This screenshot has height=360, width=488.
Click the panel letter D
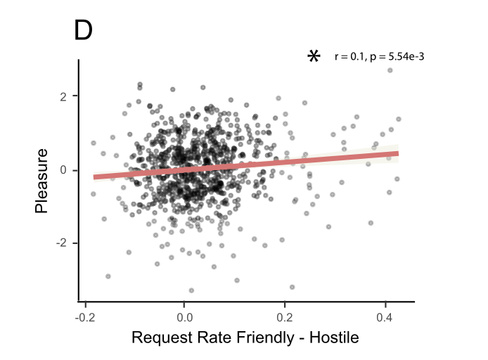pyautogui.click(x=83, y=31)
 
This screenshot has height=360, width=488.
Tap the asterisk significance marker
pyautogui.click(x=314, y=56)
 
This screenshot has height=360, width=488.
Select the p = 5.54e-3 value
pyautogui.click(x=395, y=57)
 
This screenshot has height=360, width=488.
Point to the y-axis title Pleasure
pyautogui.click(x=42, y=180)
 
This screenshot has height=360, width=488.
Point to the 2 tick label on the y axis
pyautogui.click(x=65, y=96)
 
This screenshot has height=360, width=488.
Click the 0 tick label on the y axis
pyautogui.click(x=65, y=169)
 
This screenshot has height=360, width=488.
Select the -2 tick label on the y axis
pyautogui.click(x=63, y=243)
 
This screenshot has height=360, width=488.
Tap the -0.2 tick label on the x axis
pyautogui.click(x=84, y=317)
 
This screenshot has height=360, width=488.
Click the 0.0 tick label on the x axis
pyautogui.click(x=184, y=317)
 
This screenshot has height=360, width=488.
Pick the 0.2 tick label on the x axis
pyautogui.click(x=285, y=317)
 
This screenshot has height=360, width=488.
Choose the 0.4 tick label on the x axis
pyautogui.click(x=385, y=317)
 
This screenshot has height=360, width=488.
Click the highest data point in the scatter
pyautogui.click(x=390, y=70)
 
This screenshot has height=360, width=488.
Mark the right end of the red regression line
pyautogui.click(x=398, y=153)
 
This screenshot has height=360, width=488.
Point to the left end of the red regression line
pyautogui.click(x=94, y=177)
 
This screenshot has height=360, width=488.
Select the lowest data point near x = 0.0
pyautogui.click(x=191, y=290)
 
